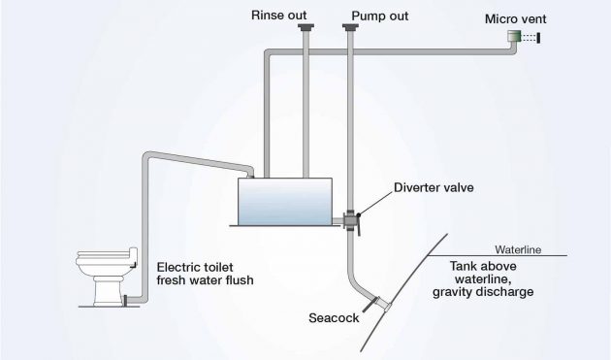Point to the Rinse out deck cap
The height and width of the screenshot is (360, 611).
click(305, 31)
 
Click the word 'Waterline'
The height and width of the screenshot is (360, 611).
click(517, 249)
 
